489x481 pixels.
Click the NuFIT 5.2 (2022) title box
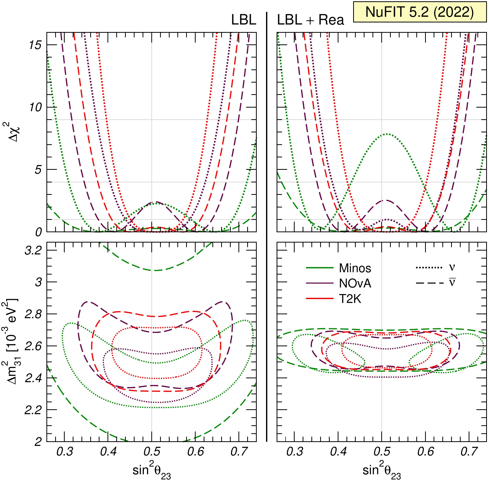click(x=420, y=12)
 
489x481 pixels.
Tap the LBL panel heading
click(x=244, y=20)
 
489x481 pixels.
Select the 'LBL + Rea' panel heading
click(x=310, y=20)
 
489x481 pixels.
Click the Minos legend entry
click(x=338, y=268)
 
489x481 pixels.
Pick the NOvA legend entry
click(x=338, y=283)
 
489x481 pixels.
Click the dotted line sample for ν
click(x=429, y=268)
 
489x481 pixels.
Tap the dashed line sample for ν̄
click(x=430, y=283)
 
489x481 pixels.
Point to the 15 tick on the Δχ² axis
click(x=35, y=45)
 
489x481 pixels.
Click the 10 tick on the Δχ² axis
click(x=35, y=107)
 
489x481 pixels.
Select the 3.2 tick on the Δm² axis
click(x=33, y=250)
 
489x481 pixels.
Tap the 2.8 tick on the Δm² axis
click(x=33, y=314)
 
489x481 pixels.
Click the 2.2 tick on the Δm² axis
click(x=33, y=410)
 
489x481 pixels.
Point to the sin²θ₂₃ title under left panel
click(x=152, y=470)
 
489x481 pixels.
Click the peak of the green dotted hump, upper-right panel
click(x=387, y=134)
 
